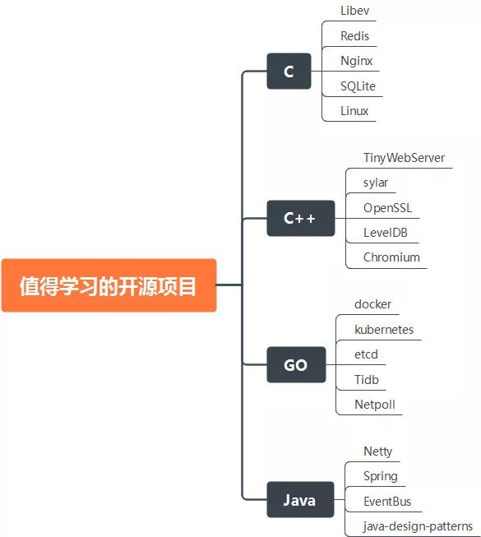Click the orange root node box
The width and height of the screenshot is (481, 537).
pos(109,285)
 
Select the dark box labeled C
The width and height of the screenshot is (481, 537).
pos(289,72)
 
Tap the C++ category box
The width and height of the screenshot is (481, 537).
pos(301,218)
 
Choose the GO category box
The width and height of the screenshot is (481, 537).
pos(296,365)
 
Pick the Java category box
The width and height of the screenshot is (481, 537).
pos(300,500)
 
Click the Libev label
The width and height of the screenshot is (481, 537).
pos(354,11)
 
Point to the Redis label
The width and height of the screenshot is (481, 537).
pos(354,35)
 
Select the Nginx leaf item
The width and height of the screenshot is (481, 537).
pos(356,61)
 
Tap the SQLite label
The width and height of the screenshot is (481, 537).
pos(358,86)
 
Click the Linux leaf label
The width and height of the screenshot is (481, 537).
pos(354,111)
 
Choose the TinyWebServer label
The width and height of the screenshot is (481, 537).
pos(404,158)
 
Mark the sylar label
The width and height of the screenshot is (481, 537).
pos(376,183)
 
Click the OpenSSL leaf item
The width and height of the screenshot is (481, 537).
pos(387,208)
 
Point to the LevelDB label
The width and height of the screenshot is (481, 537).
pos(386,233)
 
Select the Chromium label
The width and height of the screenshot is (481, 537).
pos(391,257)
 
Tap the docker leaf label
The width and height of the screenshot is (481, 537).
pos(372,304)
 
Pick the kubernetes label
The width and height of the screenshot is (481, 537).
pos(384,330)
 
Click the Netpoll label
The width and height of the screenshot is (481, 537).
pos(375,405)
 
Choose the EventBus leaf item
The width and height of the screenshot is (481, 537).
pos(387,502)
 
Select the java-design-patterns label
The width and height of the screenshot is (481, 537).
pos(418,526)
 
